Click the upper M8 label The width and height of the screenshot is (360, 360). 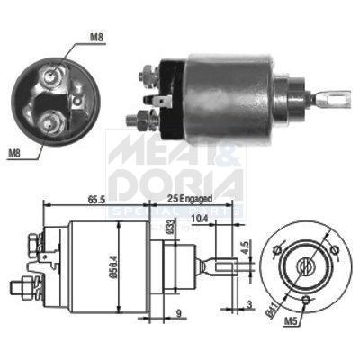coord(95,39)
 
